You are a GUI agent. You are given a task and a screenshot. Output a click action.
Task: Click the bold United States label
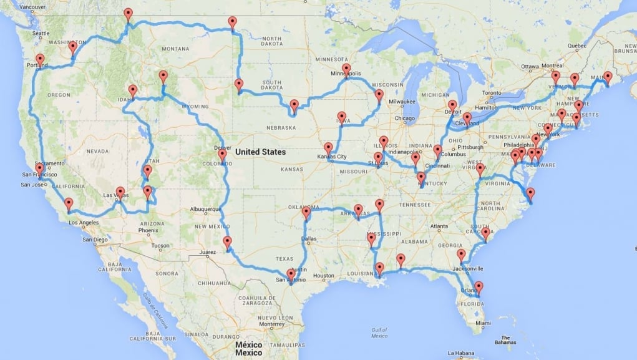pos(260,152)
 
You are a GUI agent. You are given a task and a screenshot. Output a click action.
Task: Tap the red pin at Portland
pos(41,60)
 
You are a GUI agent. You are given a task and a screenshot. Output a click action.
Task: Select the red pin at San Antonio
pos(291,274)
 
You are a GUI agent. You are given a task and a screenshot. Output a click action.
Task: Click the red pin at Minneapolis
pos(346,69)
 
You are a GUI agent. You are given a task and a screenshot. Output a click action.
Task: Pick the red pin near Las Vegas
pos(120,192)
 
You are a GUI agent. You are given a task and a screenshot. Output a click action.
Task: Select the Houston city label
pos(324,275)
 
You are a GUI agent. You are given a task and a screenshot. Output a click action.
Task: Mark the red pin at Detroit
pos(452,105)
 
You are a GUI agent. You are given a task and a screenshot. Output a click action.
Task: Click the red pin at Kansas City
pos(328,148)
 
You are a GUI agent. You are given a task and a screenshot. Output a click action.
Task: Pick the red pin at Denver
pos(221,155)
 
